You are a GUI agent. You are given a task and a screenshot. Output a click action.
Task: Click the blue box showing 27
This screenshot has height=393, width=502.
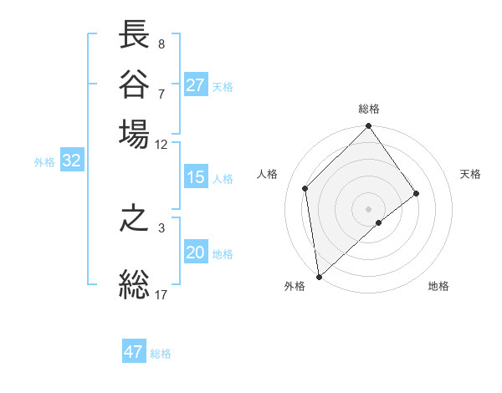tap(195, 85)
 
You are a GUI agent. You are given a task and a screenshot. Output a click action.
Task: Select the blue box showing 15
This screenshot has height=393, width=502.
tap(195, 177)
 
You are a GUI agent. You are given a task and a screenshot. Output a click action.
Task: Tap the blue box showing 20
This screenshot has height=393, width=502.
tap(195, 253)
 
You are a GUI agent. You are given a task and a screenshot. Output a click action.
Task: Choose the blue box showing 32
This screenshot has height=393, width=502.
tap(71, 161)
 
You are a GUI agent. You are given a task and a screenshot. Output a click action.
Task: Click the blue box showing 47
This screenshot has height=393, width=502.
tap(134, 352)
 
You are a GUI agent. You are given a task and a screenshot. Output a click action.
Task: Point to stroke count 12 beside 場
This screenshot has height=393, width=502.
tap(161, 144)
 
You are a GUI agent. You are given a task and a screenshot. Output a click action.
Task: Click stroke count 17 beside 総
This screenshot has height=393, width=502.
tap(161, 294)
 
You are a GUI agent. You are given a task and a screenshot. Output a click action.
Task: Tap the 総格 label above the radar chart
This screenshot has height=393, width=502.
tap(369, 109)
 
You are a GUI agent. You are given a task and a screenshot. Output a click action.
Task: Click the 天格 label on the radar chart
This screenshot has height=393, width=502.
tap(470, 174)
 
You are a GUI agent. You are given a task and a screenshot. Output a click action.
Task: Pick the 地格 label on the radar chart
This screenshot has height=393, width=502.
tap(438, 286)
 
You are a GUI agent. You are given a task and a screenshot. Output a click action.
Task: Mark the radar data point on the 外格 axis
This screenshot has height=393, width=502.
tap(319, 276)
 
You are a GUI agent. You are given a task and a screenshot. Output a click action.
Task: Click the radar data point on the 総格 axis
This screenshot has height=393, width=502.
tap(369, 127)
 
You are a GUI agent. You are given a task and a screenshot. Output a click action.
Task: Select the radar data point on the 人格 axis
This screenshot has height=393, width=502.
tap(305, 188)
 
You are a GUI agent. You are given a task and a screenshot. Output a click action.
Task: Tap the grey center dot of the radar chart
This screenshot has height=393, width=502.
tap(369, 208)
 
